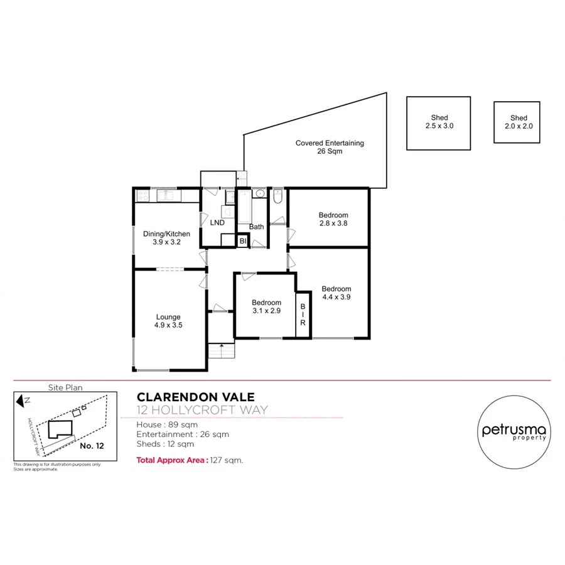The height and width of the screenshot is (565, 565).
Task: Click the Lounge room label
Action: tap(168, 321)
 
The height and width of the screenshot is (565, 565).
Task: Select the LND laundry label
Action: tap(217, 223)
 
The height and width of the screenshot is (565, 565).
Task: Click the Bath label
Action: tap(256, 227)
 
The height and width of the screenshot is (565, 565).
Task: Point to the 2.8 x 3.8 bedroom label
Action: tap(333, 219)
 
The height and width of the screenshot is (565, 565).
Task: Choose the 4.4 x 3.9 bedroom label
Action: tap(336, 293)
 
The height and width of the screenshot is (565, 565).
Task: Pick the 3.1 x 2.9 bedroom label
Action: tap(267, 306)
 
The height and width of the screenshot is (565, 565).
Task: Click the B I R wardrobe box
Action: tap(303, 315)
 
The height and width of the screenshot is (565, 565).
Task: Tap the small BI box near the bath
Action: tap(243, 240)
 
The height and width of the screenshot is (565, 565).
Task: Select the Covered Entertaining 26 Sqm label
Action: tap(330, 147)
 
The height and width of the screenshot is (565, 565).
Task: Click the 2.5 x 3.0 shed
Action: tap(439, 122)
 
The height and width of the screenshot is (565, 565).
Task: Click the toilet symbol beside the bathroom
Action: tap(279, 198)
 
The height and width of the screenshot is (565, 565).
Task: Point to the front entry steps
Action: tap(220, 350)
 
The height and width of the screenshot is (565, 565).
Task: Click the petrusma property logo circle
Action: tap(514, 431)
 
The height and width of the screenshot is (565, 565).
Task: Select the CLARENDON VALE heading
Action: tap(196, 397)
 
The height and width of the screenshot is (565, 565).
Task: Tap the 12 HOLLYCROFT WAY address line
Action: tap(202, 411)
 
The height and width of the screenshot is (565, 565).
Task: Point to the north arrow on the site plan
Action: tap(22, 400)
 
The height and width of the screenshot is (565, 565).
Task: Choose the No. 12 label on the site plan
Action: tap(92, 446)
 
